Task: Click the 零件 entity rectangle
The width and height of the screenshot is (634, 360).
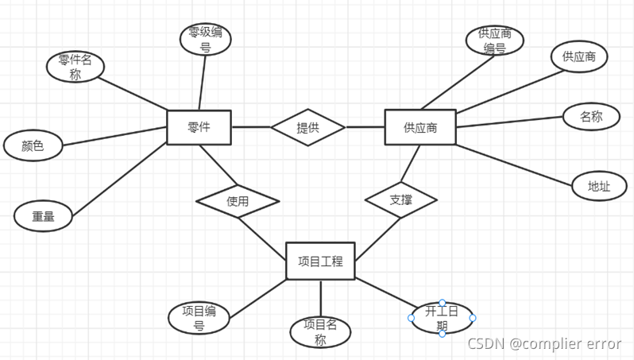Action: pos(199,127)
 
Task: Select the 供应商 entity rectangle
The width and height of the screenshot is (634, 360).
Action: pos(419,127)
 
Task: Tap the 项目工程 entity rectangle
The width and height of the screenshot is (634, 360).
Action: pos(320,260)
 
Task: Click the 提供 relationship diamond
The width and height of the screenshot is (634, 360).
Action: pos(307,127)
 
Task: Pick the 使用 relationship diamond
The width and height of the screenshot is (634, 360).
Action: pos(238,201)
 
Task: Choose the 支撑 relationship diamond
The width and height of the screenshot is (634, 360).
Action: pos(401,200)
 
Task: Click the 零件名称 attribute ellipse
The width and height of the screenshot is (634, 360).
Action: pos(75,67)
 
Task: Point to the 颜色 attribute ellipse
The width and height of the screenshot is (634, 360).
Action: pos(32,145)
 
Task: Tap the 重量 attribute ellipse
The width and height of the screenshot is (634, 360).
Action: pos(43,215)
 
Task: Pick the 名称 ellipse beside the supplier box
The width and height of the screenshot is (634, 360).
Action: pos(590,117)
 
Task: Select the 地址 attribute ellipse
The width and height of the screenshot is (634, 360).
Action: pos(599,186)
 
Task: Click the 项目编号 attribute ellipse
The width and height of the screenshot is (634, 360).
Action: pos(199,317)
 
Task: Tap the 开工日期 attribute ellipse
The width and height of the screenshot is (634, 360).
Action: pos(442,318)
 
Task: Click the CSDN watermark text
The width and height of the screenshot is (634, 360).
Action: pos(544,343)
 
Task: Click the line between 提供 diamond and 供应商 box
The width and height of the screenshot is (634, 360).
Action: pos(365,127)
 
